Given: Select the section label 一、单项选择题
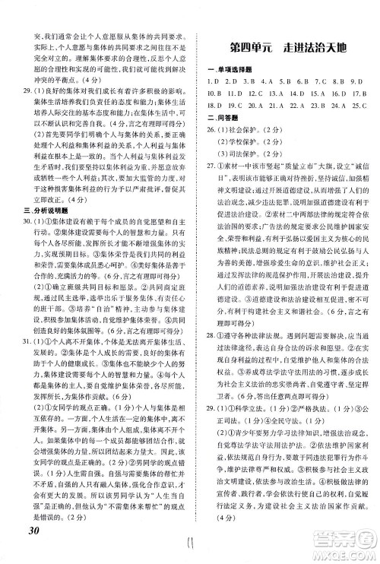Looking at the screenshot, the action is click(x=230, y=71).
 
